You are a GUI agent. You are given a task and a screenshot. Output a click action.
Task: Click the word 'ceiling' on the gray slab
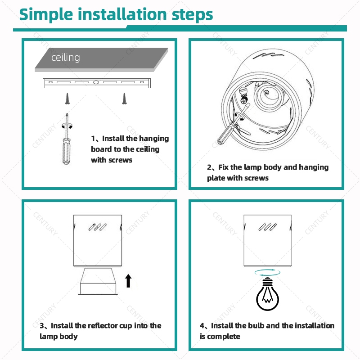(x=66, y=58)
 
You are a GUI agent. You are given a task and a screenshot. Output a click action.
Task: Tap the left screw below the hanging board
(x=67, y=99)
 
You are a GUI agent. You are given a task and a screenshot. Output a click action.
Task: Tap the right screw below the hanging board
(x=125, y=99)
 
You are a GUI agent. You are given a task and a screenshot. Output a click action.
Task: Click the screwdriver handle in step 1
(x=67, y=152)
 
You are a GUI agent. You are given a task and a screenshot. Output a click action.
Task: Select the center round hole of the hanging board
(x=96, y=82)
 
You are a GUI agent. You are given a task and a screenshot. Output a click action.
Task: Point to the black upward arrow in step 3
(x=129, y=281)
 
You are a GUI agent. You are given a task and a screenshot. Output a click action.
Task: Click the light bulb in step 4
(x=267, y=294)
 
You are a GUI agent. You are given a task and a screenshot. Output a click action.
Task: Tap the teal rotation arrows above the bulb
(x=267, y=273)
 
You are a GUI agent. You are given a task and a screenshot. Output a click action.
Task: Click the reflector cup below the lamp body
(x=98, y=281)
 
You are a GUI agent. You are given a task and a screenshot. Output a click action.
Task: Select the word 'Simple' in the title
(x=46, y=15)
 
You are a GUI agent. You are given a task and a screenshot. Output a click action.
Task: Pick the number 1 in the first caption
(x=93, y=139)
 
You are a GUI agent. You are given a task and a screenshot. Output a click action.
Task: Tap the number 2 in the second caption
(x=209, y=167)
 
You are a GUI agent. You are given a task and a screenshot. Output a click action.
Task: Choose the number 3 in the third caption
(x=42, y=326)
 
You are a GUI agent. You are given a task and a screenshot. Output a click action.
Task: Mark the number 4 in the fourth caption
(x=202, y=326)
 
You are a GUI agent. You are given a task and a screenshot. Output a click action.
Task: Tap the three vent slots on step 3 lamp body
(x=98, y=227)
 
